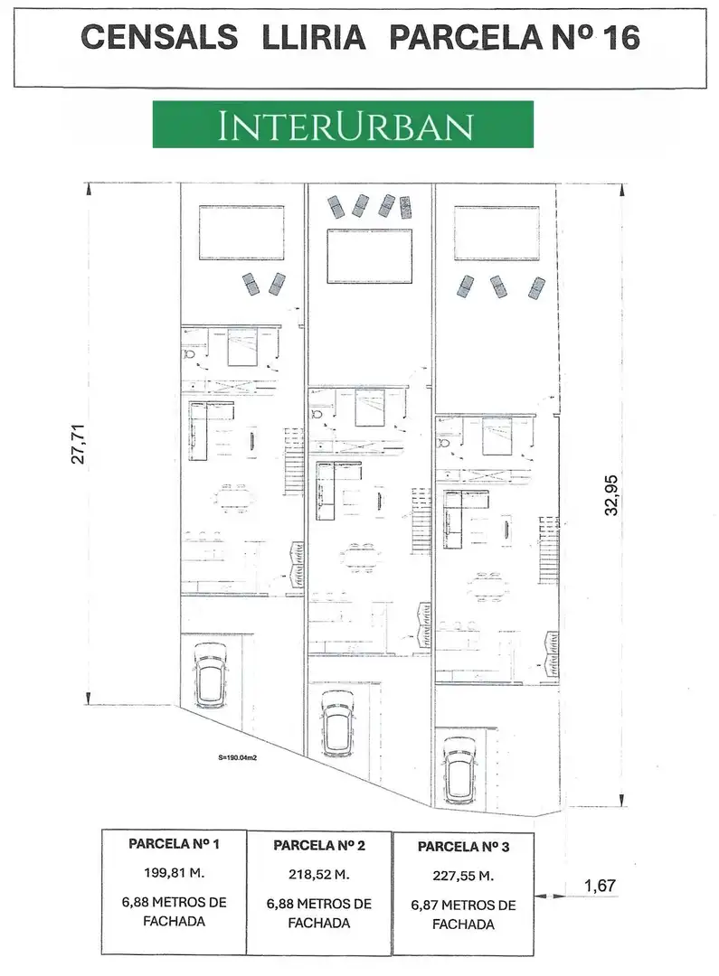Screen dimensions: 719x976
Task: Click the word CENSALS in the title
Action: click(159, 37)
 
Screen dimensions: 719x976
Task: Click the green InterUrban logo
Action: click(343, 125)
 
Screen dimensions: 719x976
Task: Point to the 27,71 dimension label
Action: click(79, 444)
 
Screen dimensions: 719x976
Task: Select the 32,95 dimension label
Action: click(611, 495)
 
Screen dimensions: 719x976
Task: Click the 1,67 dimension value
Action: click(600, 885)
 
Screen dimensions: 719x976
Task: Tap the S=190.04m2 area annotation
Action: click(238, 757)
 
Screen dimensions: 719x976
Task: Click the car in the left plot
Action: click(211, 675)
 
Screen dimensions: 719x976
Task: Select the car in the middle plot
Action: click(338, 725)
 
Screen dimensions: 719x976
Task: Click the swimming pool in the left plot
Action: click(241, 232)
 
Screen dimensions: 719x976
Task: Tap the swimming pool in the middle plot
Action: click(370, 256)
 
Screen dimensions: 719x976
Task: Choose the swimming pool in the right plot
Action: click(497, 233)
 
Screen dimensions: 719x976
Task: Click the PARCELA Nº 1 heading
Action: click(174, 844)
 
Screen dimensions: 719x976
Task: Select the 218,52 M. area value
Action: click(318, 875)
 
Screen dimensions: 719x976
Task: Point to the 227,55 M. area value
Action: click(463, 877)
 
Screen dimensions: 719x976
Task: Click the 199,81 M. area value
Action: click(174, 873)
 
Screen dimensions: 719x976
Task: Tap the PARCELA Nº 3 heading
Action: click(463, 847)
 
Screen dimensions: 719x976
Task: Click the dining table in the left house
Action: click(234, 497)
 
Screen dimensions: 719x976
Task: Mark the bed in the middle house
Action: click(370, 407)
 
